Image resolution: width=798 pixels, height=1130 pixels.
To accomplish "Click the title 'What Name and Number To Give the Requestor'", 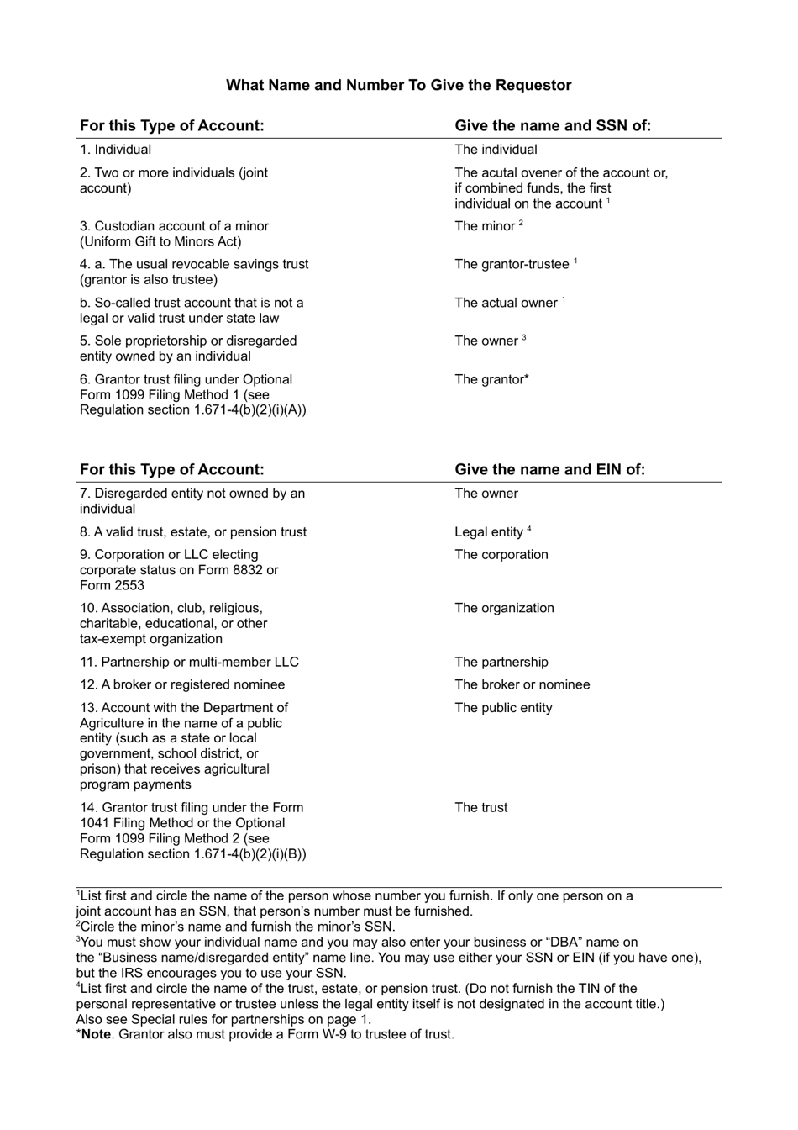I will [x=398, y=85].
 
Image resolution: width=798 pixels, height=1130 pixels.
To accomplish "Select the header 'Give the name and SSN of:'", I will [x=553, y=125].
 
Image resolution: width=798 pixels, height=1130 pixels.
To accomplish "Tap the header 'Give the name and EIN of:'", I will [x=549, y=469].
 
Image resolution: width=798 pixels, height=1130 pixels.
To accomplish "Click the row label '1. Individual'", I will [x=116, y=150].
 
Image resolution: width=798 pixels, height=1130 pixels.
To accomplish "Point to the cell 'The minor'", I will [x=486, y=226].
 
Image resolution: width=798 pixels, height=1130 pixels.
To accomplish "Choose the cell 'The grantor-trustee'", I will [x=512, y=264].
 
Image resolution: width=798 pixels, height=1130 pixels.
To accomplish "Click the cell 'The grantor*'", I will [x=491, y=379].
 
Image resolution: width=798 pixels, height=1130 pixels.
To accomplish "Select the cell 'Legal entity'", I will [x=489, y=532].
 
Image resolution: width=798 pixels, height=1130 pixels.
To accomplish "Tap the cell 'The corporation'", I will [x=501, y=555].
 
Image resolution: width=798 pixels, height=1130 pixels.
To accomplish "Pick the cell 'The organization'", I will [x=504, y=608].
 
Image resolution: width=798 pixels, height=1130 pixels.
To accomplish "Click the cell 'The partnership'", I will [x=501, y=663].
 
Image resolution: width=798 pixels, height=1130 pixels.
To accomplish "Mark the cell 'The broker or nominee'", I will [x=522, y=684].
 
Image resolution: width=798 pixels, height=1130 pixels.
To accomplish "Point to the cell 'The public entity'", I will [x=503, y=708].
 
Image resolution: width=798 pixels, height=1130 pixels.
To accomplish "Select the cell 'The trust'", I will [x=481, y=808].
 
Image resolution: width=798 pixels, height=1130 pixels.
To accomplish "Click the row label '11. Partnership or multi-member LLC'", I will [x=189, y=663].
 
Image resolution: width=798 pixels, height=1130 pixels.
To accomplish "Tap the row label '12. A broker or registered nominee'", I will [x=182, y=684].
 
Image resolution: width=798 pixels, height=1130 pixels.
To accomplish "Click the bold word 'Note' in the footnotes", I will [x=96, y=1034].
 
